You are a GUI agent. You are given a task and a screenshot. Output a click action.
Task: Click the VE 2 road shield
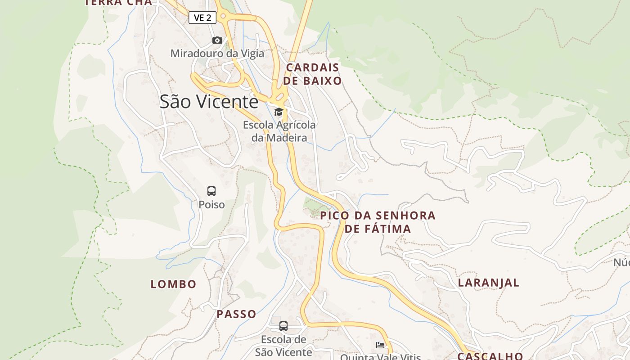tap(202, 18)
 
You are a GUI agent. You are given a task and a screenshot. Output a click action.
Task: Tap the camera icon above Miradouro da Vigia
tap(217, 40)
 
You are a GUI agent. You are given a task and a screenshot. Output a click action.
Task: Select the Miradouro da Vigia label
tap(217, 54)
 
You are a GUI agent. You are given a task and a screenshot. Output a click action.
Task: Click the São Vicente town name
tap(209, 102)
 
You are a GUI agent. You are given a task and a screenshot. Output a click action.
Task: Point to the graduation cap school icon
tap(279, 112)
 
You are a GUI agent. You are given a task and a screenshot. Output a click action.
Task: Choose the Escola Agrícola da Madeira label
tap(279, 131)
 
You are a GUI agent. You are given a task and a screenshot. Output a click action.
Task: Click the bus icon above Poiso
tap(211, 191)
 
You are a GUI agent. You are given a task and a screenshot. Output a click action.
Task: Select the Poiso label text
tap(211, 205)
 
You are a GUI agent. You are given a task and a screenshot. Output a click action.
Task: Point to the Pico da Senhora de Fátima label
tap(378, 222)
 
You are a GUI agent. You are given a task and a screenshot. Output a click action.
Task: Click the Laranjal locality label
tap(489, 283)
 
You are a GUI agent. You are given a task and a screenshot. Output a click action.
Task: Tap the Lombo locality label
tap(173, 284)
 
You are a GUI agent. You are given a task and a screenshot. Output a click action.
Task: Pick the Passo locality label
tap(237, 314)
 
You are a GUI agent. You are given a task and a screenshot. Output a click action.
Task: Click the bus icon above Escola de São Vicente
tap(283, 326)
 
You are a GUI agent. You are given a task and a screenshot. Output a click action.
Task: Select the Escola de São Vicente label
tap(283, 346)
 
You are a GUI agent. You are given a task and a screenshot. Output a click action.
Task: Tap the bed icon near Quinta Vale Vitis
tap(380, 345)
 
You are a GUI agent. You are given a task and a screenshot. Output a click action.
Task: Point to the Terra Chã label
tap(118, 3)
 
